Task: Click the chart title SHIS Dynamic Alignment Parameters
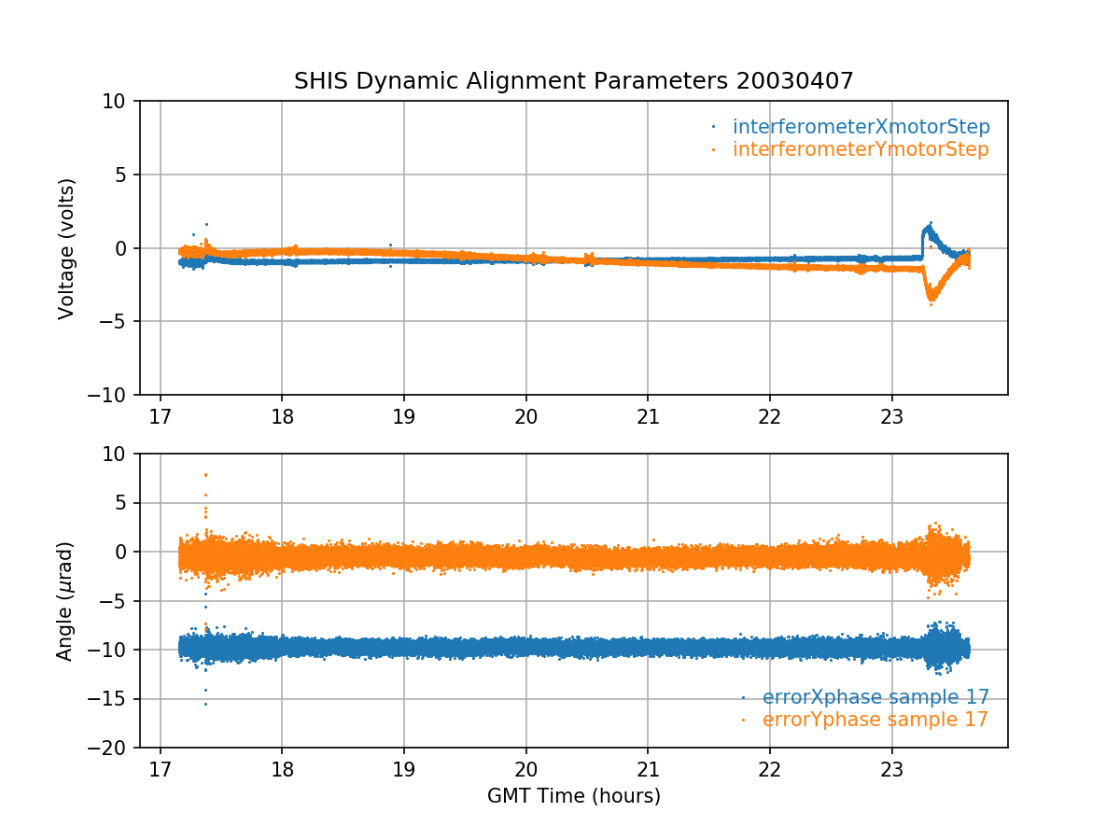512,81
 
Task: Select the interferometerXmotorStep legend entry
861,127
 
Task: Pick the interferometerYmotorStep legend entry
860,149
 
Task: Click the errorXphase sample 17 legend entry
875,697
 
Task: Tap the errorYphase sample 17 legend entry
875,720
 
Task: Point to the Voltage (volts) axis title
66,248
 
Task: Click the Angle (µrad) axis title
64,601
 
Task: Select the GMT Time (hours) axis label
574,796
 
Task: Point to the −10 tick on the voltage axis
114,396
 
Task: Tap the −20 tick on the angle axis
114,749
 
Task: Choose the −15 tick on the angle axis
114,699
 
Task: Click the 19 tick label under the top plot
404,416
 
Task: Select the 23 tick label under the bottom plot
892,769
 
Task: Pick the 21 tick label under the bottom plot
648,769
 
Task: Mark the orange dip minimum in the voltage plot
931,302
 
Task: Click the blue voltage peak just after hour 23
929,224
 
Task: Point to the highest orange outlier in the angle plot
205,474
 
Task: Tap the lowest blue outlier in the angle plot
205,704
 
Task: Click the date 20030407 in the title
795,81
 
